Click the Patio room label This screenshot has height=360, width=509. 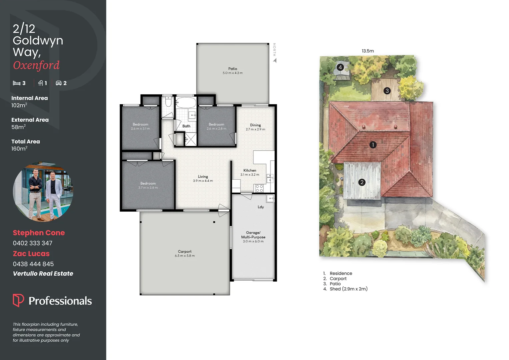(x=233, y=69)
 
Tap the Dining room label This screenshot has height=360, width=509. (x=255, y=125)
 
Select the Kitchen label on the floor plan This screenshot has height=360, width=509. (x=250, y=170)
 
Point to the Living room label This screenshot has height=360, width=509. (x=203, y=177)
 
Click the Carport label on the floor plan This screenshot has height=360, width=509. (x=185, y=252)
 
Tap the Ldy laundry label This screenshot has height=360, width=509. (x=260, y=207)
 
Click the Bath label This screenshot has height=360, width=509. (x=186, y=126)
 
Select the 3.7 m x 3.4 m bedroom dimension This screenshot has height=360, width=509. (x=148, y=188)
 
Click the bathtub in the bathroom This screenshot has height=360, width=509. (x=186, y=102)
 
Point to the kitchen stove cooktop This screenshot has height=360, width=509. (x=259, y=188)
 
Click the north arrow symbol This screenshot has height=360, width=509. (x=275, y=60)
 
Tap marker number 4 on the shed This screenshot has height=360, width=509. (x=340, y=67)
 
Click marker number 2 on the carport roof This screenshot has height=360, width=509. (x=362, y=182)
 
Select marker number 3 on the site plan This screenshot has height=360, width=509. (x=387, y=91)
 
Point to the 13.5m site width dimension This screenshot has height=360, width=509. (x=368, y=51)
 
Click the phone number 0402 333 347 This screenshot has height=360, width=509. (x=33, y=243)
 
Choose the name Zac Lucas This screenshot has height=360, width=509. (x=31, y=254)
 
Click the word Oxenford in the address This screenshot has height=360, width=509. (x=36, y=65)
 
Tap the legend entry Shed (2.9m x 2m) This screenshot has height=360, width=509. (x=348, y=289)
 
